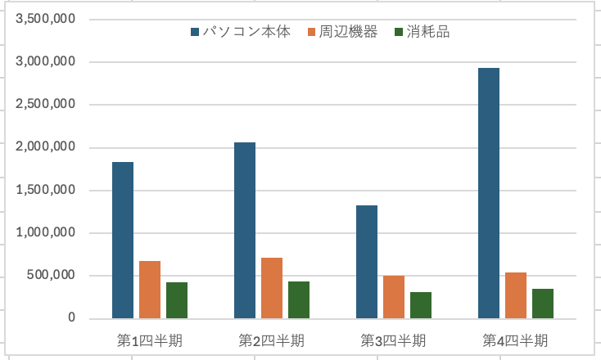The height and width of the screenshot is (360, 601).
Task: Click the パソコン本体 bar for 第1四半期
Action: tap(123, 240)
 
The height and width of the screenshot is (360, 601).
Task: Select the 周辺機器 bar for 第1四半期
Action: tap(150, 290)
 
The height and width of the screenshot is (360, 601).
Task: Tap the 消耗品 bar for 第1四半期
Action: tap(177, 300)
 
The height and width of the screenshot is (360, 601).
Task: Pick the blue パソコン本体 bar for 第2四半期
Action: tap(245, 230)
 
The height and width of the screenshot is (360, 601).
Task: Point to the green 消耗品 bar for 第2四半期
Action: tap(299, 299)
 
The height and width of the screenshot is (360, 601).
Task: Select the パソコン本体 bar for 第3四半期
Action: tap(367, 262)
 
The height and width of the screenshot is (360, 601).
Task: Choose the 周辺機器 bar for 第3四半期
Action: tap(394, 297)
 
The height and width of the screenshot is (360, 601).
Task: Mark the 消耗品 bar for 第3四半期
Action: tap(421, 305)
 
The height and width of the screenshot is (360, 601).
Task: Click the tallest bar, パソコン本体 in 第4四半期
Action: tap(489, 193)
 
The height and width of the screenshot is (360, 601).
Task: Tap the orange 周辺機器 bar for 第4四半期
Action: tap(516, 295)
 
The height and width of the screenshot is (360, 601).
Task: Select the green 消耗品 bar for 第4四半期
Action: tap(543, 304)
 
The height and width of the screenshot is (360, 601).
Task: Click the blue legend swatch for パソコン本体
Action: tap(195, 32)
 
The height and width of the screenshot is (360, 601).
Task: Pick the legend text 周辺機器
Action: tap(348, 32)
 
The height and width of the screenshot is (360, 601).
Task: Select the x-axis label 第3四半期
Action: tap(393, 340)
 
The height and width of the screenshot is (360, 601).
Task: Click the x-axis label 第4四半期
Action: tap(515, 340)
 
